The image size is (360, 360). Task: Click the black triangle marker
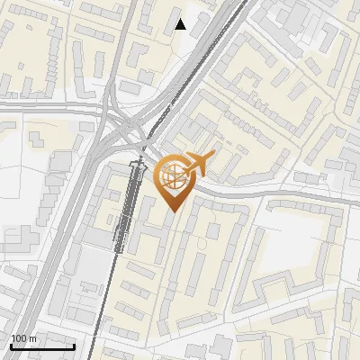[181, 24]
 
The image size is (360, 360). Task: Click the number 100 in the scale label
[19, 337]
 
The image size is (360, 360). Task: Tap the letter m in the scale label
[32, 337]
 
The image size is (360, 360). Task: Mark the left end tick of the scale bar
[11, 345]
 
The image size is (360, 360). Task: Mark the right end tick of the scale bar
[74, 345]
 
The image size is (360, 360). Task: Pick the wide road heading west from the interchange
[45, 107]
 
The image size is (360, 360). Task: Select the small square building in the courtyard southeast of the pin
[212, 230]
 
